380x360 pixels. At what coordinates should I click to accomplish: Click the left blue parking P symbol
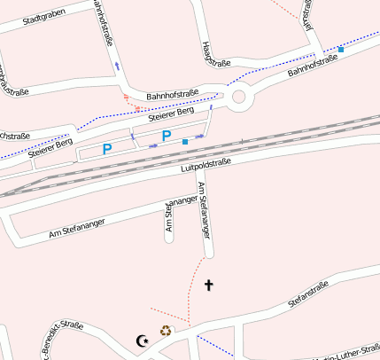coord(107,150)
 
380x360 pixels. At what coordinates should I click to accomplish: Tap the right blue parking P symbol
coord(166,137)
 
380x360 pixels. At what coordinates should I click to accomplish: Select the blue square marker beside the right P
coord(184,142)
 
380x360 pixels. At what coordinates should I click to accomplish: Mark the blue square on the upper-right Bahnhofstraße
coord(340,49)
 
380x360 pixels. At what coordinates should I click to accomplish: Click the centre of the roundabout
coord(237,98)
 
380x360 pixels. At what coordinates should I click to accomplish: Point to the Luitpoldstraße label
coord(206,164)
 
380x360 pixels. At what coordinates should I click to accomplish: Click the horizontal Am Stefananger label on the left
coord(77,227)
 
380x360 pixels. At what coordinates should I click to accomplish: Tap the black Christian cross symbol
coord(209,285)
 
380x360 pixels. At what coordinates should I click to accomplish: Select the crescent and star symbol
coord(141,340)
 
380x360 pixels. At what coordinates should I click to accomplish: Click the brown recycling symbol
coord(166,332)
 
